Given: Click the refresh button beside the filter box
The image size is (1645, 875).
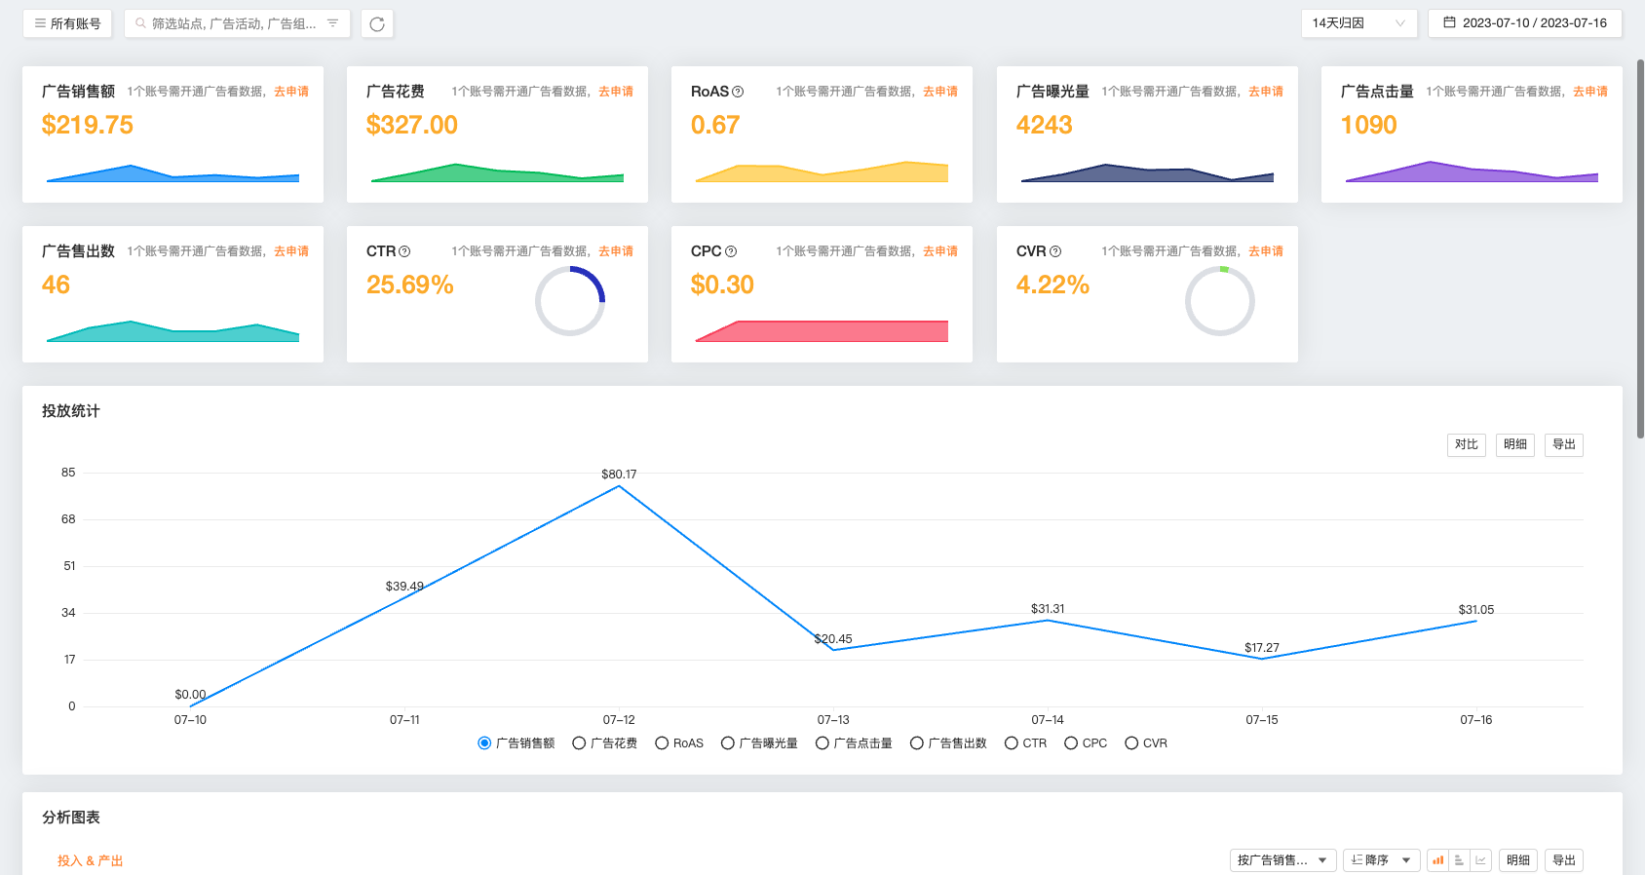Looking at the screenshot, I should pos(377,23).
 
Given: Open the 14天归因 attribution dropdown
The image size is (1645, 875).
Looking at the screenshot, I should pos(1358,23).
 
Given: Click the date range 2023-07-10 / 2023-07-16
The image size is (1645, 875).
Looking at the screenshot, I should pos(1525,23).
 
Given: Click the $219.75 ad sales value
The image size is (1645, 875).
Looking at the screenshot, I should pos(88,125).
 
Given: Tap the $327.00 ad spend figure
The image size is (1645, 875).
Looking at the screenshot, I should pos(412,125).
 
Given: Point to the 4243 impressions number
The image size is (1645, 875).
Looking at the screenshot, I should pos(1044,125).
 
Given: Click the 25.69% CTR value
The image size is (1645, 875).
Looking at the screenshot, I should pos(410,285).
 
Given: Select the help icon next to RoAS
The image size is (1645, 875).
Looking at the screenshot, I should pos(738,92).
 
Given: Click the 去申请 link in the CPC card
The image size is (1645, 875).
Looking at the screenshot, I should pos(940,251).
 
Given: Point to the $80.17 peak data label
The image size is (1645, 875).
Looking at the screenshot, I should pos(619,475).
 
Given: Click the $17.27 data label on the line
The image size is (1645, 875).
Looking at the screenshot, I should pos(1262,648).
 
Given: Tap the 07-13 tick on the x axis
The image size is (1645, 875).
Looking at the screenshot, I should pos(833,720).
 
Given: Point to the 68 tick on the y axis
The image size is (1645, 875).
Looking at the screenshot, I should pos(68,519).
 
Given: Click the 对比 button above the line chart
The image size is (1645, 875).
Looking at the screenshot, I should pos(1466,444).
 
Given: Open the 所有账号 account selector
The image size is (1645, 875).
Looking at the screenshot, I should pos(67,23).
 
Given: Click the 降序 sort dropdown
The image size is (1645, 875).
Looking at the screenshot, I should pos(1381,860).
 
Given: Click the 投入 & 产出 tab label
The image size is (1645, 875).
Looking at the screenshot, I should pos(90,861).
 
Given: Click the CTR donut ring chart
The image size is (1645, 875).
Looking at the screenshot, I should pos(570,301).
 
